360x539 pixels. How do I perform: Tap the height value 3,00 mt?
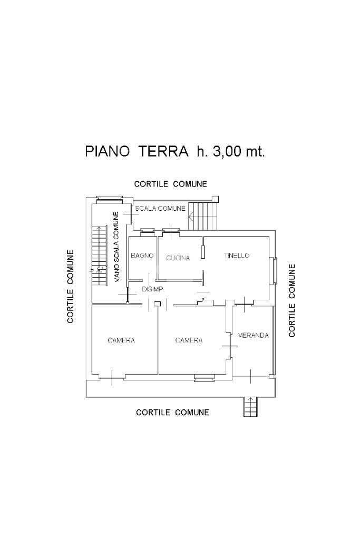pos(239,152)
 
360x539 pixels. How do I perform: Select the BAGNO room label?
pos(142,256)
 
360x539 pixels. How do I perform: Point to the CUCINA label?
pos(178,258)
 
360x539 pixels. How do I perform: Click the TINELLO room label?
pos(236,256)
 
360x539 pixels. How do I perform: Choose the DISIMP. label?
pos(154,289)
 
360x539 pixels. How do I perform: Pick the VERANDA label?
pos(254,335)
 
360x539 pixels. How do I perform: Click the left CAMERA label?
pos(121,340)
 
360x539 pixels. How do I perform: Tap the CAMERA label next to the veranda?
pos(189,340)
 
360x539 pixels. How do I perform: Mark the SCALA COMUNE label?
pos(160,209)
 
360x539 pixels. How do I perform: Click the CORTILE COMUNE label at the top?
pos(170,184)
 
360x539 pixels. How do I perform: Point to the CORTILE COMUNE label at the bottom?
pos(172,412)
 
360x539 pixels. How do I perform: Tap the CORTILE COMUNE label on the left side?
pos(70,286)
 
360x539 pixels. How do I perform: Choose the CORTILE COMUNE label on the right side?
pos(292,300)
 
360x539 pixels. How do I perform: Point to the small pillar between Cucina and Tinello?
pos(202,252)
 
